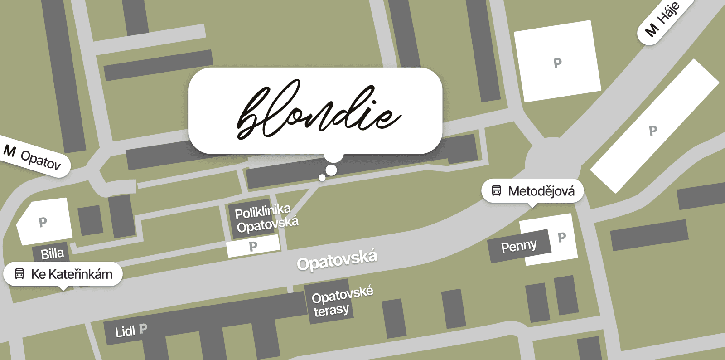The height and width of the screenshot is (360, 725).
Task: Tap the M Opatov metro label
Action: click(33, 156)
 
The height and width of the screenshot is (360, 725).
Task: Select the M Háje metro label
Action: click(662, 19)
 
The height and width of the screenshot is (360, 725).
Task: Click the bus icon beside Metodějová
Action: click(497, 191)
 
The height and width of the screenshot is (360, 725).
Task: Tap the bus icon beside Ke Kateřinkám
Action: click(19, 274)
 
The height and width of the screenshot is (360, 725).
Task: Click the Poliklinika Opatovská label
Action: click(266, 218)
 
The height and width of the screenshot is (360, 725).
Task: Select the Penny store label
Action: click(519, 246)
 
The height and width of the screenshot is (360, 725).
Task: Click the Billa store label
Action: click(53, 253)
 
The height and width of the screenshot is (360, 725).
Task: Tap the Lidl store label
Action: click(125, 331)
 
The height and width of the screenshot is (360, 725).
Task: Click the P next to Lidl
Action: click(143, 329)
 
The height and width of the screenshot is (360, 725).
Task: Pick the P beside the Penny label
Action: click(562, 237)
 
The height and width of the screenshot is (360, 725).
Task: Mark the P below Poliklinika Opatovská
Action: click(253, 246)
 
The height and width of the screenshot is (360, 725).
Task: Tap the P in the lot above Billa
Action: click(43, 222)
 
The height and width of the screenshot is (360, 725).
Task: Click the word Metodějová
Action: click(541, 191)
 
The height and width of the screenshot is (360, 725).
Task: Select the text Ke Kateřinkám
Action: click(72, 274)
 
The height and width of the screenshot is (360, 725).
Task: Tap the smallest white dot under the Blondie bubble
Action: click(322, 178)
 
